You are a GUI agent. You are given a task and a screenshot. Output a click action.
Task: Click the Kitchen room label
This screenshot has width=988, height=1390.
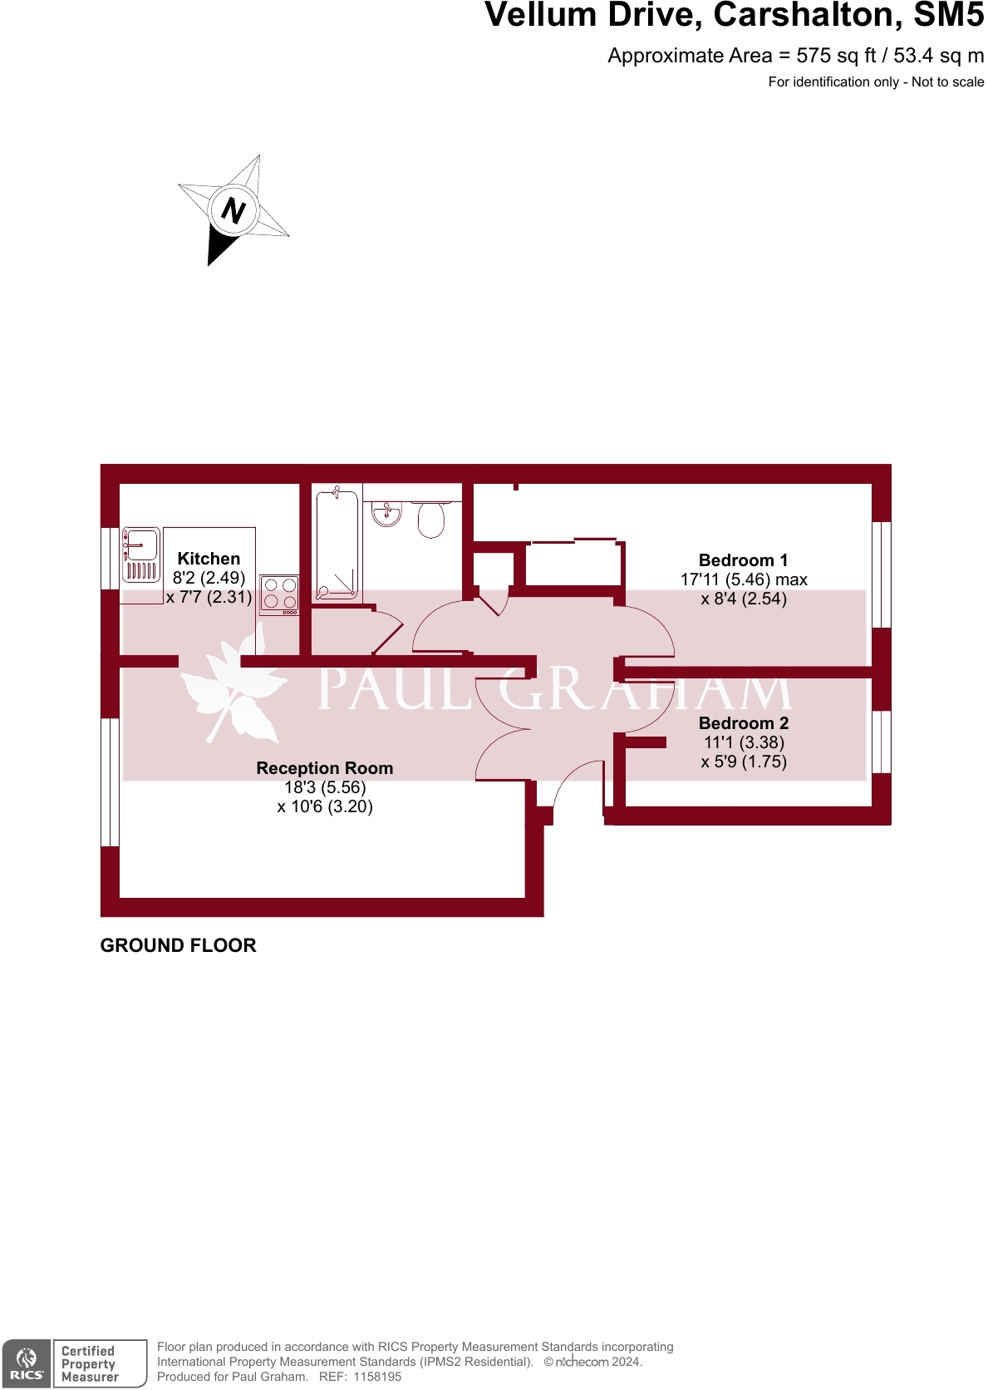pyautogui.click(x=209, y=559)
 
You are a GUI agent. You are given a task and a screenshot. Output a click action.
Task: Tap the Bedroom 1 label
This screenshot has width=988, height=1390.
pyautogui.click(x=743, y=560)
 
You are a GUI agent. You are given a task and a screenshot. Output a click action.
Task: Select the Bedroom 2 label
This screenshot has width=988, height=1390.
pyautogui.click(x=743, y=723)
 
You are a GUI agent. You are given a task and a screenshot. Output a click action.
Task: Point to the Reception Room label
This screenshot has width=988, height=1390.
pyautogui.click(x=324, y=768)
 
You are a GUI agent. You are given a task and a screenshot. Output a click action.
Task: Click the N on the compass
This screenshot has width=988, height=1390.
pyautogui.click(x=233, y=210)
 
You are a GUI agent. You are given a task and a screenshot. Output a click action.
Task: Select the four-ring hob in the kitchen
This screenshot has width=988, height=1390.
pyautogui.click(x=279, y=594)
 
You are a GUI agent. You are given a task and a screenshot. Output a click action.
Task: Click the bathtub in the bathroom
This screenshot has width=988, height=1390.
pyautogui.click(x=337, y=545)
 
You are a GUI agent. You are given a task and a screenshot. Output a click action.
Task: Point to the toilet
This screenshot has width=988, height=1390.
pyautogui.click(x=430, y=520)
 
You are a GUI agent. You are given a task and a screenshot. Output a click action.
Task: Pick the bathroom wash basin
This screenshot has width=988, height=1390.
pyautogui.click(x=386, y=514)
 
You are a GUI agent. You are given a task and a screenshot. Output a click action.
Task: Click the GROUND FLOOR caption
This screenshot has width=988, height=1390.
pyautogui.click(x=178, y=945)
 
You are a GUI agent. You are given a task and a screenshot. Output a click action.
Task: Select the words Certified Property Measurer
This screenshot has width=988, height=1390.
pyautogui.click(x=90, y=1364)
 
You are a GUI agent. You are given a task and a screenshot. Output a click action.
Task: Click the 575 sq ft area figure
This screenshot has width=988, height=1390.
pyautogui.click(x=836, y=56)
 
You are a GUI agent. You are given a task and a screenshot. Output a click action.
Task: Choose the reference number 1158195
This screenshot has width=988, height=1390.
pyautogui.click(x=377, y=1377)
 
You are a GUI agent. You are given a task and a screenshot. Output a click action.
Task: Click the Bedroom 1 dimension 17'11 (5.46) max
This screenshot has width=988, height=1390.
pyautogui.click(x=744, y=579)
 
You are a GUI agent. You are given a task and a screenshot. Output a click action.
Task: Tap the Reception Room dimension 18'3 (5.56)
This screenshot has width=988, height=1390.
pyautogui.click(x=325, y=787)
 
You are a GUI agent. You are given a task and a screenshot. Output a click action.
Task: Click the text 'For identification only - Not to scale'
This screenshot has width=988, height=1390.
pyautogui.click(x=876, y=81)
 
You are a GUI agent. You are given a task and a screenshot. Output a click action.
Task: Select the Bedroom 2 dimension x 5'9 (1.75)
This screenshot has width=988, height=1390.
pyautogui.click(x=744, y=762)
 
